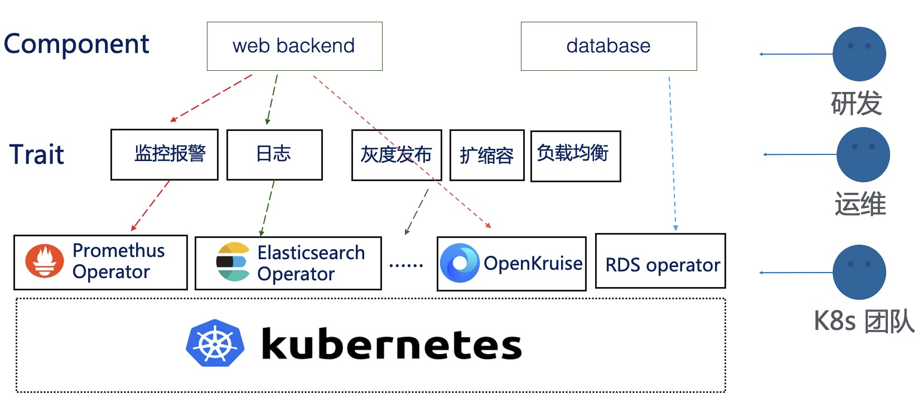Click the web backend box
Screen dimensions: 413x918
point(294,46)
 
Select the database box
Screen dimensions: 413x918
point(608,46)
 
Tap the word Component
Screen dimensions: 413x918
point(76,44)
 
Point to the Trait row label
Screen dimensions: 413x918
point(37,154)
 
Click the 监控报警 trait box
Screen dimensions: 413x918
point(165,154)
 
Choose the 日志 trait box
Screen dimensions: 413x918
point(274,154)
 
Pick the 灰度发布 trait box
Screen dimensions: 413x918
point(397,155)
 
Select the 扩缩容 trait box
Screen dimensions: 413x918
point(487,156)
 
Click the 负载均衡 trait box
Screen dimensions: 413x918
point(575,156)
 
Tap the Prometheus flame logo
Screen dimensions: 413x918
point(44,261)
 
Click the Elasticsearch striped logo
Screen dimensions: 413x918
point(233,262)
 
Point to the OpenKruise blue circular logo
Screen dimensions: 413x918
point(460,263)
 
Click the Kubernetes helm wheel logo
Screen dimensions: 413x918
point(215,343)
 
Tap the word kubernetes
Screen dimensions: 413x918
point(391,344)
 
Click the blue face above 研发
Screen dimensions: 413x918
point(859,54)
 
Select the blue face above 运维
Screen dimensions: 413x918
point(863,154)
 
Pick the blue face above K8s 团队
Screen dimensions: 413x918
point(859,272)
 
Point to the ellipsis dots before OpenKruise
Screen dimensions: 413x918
point(406,266)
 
